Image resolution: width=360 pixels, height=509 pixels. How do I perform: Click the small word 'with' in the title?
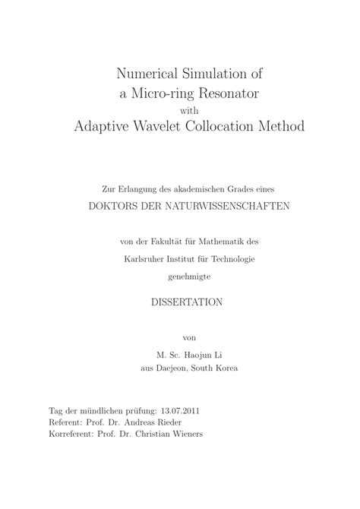[180, 110]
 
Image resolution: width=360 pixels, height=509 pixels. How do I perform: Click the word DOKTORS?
[116, 207]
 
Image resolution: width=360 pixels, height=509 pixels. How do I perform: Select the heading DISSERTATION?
[180, 302]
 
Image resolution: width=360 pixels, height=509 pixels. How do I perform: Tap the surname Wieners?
[182, 435]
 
